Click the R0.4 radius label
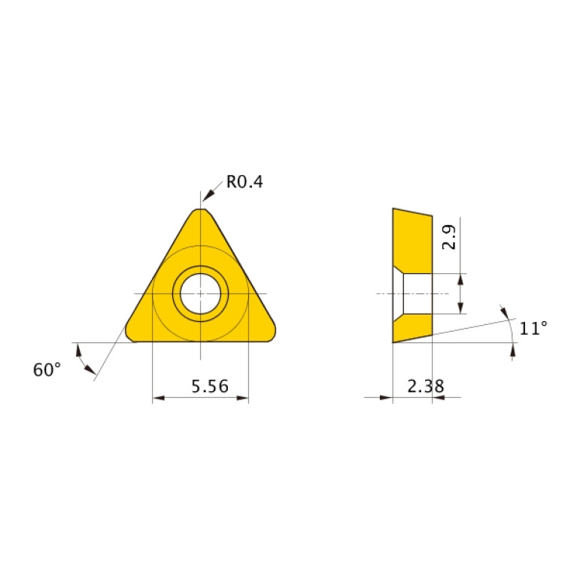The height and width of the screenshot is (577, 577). click(244, 182)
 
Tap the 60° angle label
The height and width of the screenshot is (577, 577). click(47, 369)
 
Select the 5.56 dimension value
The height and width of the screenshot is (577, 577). click(200, 387)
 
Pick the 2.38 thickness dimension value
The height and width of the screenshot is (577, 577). click(425, 387)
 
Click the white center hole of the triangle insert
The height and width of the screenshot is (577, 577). click(200, 293)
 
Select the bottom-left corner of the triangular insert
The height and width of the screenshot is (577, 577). click(130, 335)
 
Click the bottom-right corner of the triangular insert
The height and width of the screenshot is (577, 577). click(270, 335)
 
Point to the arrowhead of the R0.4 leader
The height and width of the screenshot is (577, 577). click(206, 198)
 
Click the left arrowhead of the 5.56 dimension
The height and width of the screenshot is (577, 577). click(157, 399)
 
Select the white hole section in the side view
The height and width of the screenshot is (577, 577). click(417, 293)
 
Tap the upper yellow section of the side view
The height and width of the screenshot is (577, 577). click(411, 237)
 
